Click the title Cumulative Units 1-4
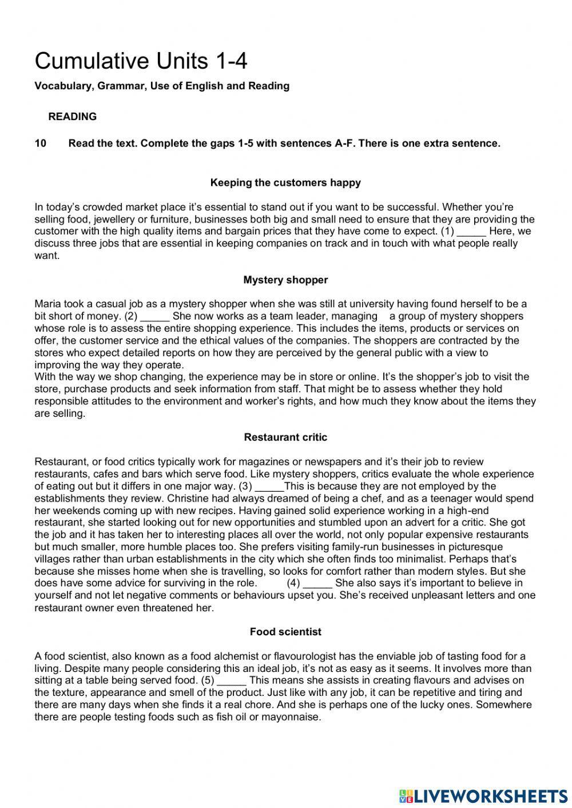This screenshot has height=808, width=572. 141,61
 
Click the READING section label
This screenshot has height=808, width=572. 72,117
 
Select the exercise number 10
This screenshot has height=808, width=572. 41,144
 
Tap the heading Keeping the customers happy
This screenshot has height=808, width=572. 285,183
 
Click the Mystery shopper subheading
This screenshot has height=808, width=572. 285,280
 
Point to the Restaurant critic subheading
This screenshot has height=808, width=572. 285,437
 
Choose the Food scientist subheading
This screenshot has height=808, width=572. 285,632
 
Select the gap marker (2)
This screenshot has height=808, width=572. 131,316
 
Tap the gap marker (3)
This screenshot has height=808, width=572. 245,487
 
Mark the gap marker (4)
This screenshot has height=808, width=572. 293,583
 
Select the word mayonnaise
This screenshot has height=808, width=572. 292,717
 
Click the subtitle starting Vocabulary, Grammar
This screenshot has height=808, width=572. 162,86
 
